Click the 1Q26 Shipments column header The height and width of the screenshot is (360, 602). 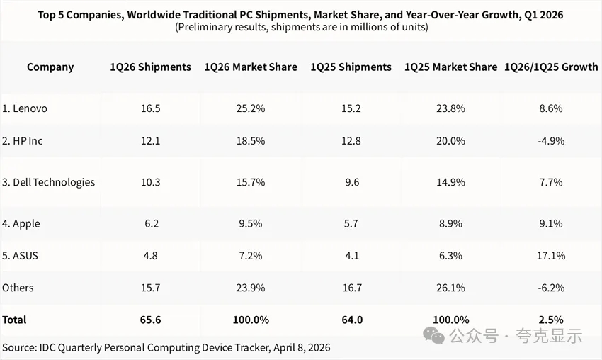tap(150, 67)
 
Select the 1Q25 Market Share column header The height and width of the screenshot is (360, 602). tap(450, 67)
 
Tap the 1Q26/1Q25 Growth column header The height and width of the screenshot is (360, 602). tap(551, 67)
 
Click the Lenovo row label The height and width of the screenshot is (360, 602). tap(25, 108)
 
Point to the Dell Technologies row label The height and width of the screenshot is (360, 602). tap(48, 182)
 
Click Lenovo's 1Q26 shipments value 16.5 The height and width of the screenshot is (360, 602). tap(150, 108)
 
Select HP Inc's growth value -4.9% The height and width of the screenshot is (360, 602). tap(551, 140)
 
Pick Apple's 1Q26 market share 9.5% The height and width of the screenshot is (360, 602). tap(251, 223)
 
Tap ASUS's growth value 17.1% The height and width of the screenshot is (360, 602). tap(551, 256)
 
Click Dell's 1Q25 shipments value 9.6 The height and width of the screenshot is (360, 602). tap(351, 182)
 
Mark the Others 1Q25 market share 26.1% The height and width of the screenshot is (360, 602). tap(451, 288)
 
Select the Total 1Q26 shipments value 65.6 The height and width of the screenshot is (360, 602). tap(150, 320)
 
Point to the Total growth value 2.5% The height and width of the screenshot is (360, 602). tap(551, 320)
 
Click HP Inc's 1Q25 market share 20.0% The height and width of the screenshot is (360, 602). tap(451, 140)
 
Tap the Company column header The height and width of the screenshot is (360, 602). tap(50, 67)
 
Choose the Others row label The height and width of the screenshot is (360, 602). tap(18, 288)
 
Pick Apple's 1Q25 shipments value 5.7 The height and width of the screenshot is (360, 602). tap(351, 223)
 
